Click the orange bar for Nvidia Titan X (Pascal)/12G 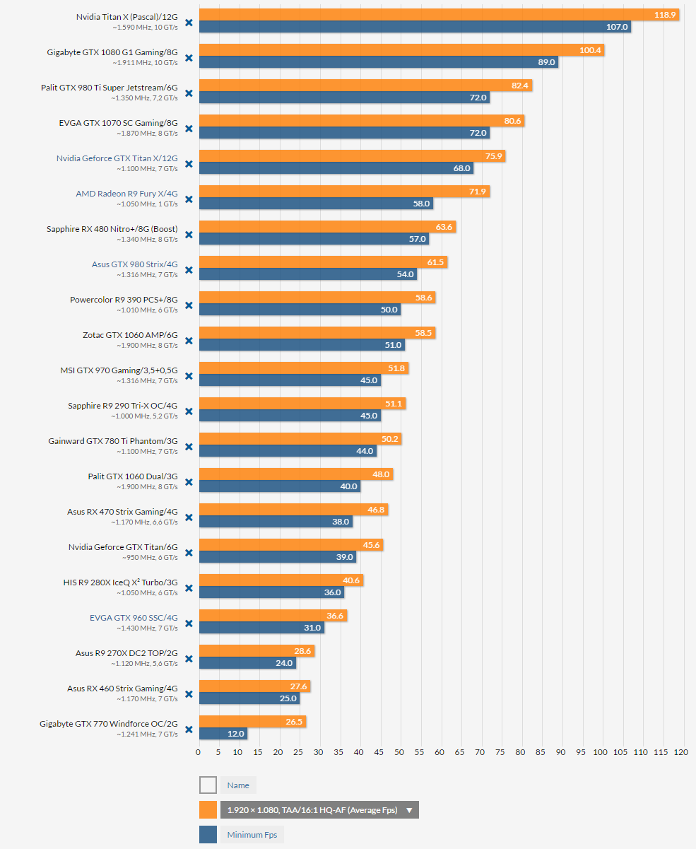[439, 15]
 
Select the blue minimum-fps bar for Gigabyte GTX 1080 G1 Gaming [379, 62]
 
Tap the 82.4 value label [519, 86]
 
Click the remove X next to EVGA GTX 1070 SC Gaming [189, 129]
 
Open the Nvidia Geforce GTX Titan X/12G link [117, 158]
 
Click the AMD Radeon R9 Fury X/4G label [126, 194]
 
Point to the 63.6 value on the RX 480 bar [444, 227]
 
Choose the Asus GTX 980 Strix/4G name [134, 264]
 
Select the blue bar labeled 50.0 [300, 309]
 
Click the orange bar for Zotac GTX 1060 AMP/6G [317, 332]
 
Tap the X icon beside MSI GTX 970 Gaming [189, 376]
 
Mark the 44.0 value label [365, 451]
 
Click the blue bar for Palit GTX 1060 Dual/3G [280, 486]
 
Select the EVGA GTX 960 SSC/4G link [134, 618]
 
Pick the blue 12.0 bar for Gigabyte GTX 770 [223, 734]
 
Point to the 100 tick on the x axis [600, 752]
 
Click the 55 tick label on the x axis [419, 752]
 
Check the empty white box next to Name [208, 785]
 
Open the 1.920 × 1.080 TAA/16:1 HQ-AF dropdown [319, 810]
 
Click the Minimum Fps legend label [252, 835]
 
